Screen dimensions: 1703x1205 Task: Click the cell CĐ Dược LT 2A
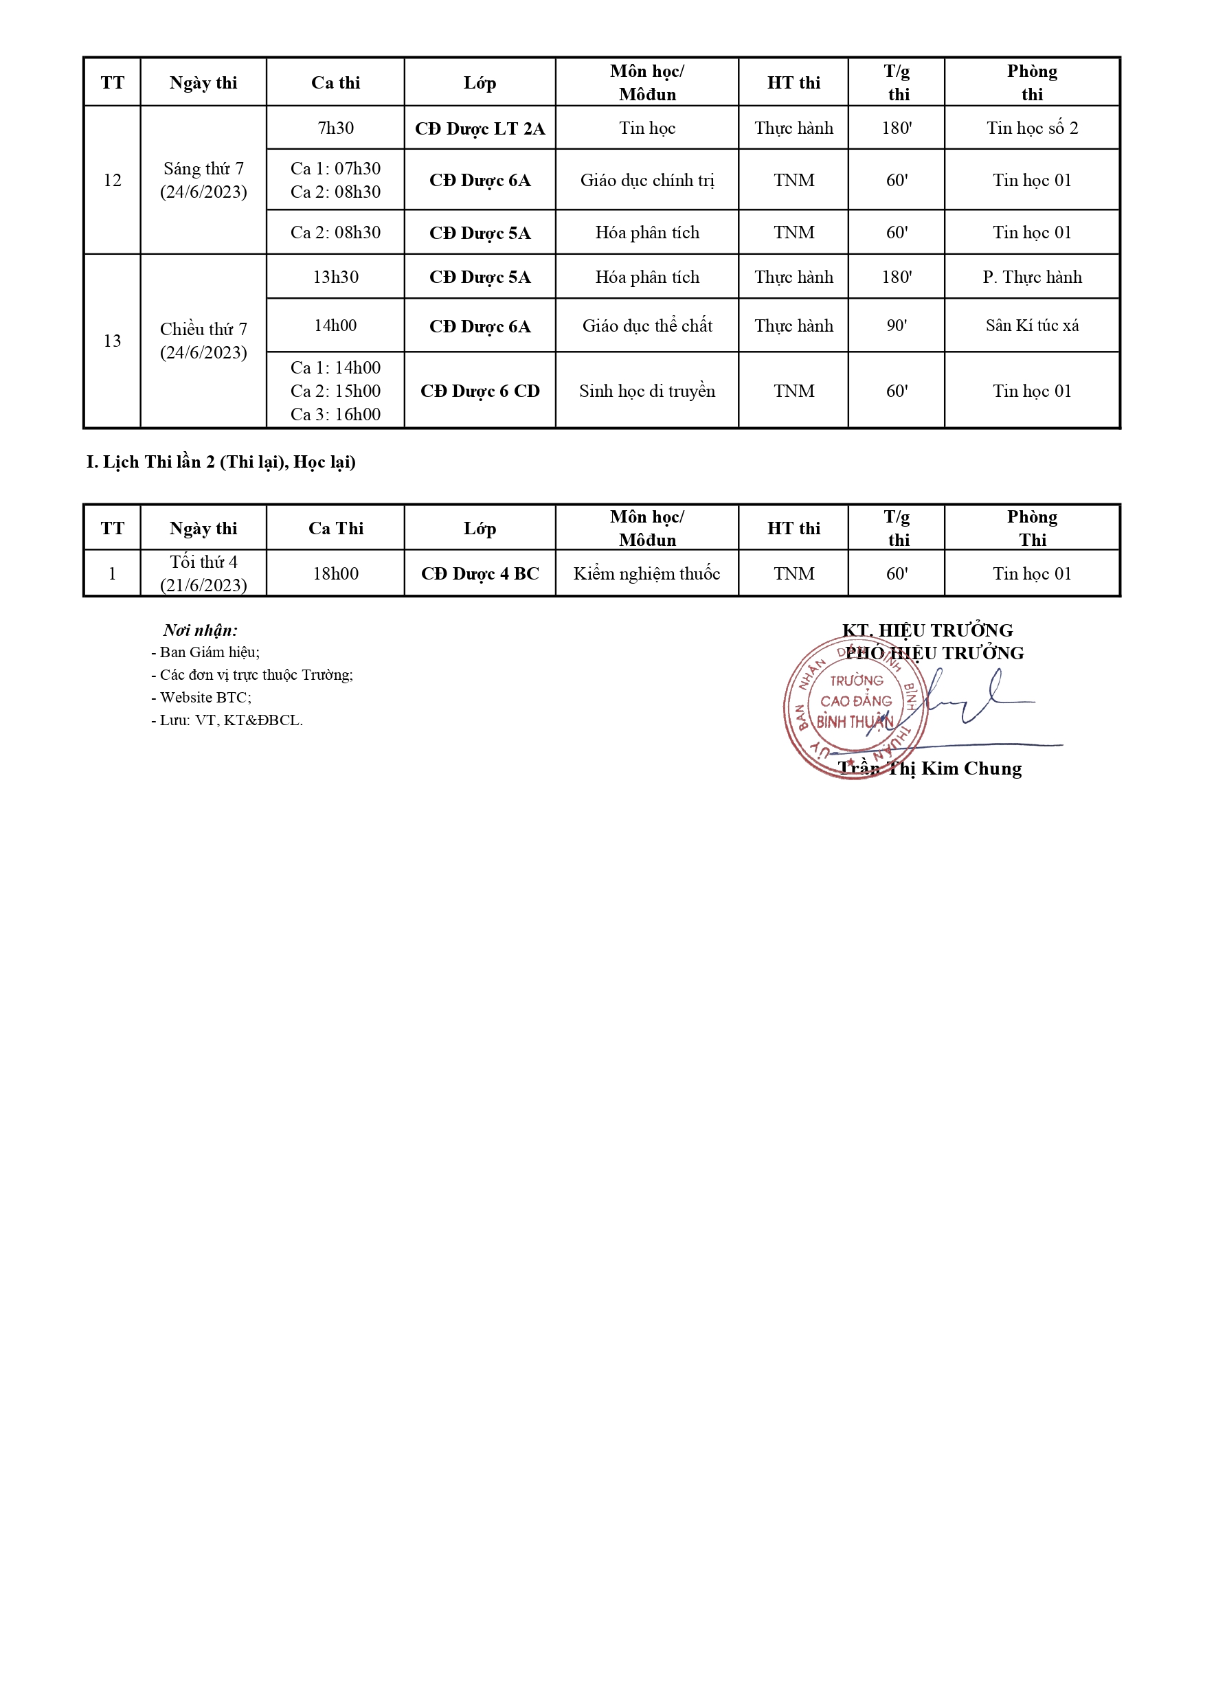click(x=480, y=128)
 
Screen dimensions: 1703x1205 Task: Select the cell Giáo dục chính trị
click(x=646, y=180)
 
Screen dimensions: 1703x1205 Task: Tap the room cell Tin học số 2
click(x=1031, y=128)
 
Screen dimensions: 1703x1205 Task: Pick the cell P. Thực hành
click(x=1031, y=277)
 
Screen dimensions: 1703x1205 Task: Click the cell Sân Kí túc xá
click(x=1031, y=325)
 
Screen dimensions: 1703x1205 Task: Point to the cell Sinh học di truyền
click(x=646, y=391)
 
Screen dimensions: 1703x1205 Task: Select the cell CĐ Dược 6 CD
click(x=480, y=391)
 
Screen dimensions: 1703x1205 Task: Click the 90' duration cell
click(x=897, y=325)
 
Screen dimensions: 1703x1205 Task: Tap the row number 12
click(x=112, y=180)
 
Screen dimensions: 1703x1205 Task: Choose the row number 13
click(x=112, y=341)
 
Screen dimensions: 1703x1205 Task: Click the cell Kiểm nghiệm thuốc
click(x=646, y=573)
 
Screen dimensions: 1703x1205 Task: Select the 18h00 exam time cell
click(x=335, y=573)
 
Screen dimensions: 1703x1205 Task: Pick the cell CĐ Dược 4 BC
click(x=480, y=573)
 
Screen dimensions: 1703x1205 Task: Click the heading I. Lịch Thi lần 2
click(x=221, y=462)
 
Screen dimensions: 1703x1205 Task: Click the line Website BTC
click(x=201, y=697)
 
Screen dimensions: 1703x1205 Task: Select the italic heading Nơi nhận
click(x=201, y=630)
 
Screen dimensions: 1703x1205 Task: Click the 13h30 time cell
click(x=335, y=277)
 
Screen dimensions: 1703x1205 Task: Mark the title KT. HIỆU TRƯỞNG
click(x=927, y=630)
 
